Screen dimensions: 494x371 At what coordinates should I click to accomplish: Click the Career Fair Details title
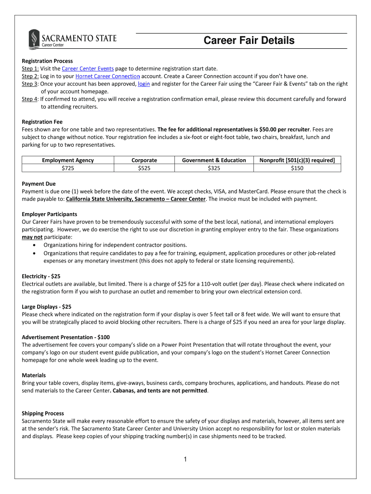coord(249,41)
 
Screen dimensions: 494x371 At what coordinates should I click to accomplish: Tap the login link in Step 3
coord(144,84)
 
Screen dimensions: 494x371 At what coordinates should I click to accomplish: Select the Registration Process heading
coord(47,61)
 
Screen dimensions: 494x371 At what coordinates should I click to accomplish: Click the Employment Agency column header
coord(68,160)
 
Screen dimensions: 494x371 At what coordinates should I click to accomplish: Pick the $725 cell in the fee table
coord(68,168)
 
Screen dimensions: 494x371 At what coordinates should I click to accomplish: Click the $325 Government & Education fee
coord(214,168)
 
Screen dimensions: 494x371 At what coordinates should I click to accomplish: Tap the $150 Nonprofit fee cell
coord(297,168)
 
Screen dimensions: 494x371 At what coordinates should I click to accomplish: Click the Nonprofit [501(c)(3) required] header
coord(297,160)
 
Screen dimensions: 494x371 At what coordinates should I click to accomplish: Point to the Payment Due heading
coord(39,184)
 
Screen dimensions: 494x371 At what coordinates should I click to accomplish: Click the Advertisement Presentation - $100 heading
coord(69,337)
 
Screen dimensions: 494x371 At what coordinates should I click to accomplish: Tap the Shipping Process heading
coord(43,413)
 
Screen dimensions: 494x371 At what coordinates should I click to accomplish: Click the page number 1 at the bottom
coord(185,459)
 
